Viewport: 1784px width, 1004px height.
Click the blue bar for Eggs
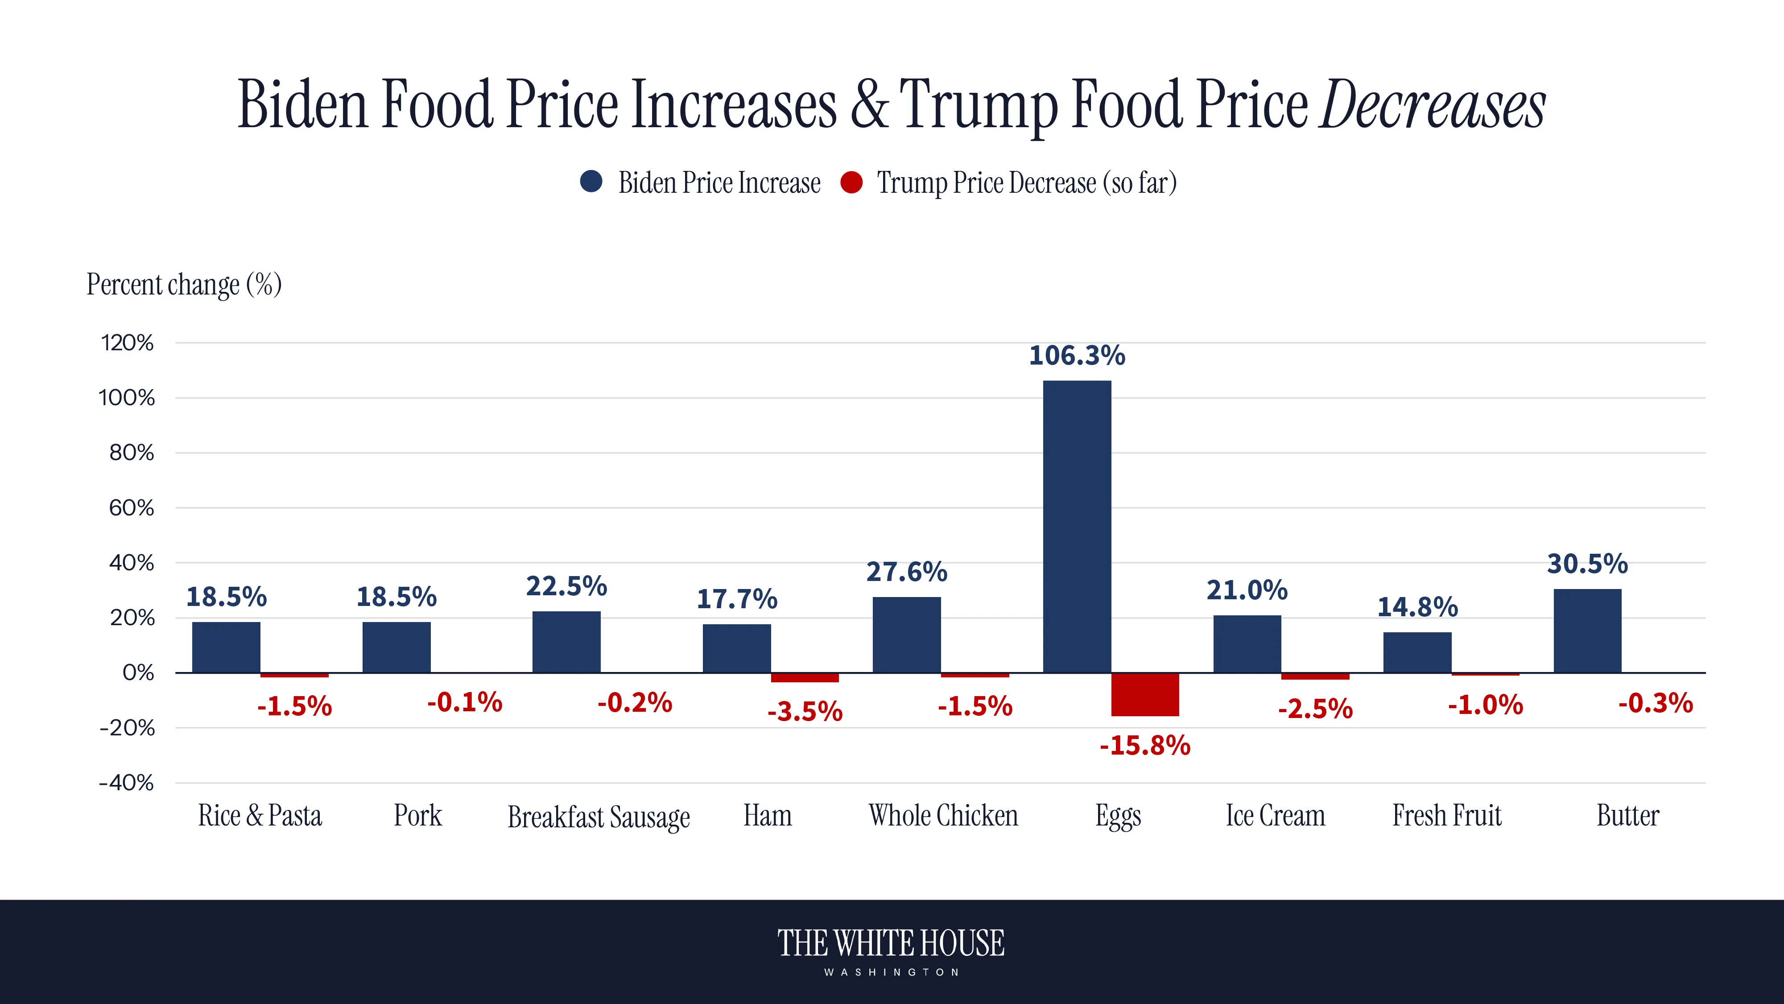[x=1077, y=527]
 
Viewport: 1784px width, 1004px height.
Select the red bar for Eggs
[x=1145, y=694]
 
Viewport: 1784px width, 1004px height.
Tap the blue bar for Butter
[x=1587, y=631]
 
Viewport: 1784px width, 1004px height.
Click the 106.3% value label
[x=1077, y=356]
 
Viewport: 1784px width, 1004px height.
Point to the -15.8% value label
[x=1145, y=746]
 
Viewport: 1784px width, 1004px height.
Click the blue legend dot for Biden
[x=591, y=182]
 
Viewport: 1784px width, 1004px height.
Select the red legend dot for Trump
[x=851, y=182]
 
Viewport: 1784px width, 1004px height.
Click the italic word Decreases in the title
[x=1432, y=105]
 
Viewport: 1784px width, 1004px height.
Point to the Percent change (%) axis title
[x=183, y=284]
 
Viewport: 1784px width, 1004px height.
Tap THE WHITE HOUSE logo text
[x=891, y=944]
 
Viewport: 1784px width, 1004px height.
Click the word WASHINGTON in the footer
[x=891, y=972]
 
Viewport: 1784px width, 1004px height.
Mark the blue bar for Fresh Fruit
[x=1417, y=652]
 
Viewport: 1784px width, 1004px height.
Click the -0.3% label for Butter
[x=1655, y=703]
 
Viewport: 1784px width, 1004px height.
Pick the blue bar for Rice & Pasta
[x=226, y=647]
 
